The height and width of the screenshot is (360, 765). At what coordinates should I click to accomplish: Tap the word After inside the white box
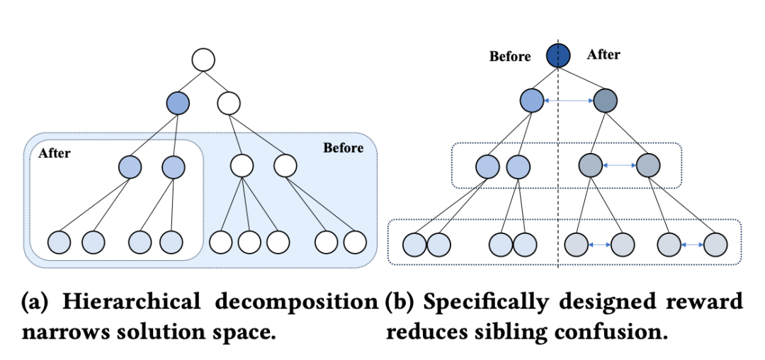pos(55,152)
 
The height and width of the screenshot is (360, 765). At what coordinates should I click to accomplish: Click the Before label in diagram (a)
pos(343,148)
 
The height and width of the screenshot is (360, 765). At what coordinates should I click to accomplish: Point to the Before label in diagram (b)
pos(510,57)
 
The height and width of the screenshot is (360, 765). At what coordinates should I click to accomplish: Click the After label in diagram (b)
pos(603,55)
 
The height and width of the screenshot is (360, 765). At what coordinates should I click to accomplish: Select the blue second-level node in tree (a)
pos(178,103)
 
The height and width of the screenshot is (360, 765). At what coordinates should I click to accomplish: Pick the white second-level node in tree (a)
pos(228,103)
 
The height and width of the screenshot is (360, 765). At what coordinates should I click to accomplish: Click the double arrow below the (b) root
pos(569,101)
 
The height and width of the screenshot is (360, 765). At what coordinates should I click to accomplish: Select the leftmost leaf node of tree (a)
pos(59,242)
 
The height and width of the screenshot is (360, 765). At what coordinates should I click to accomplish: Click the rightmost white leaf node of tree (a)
pos(354,242)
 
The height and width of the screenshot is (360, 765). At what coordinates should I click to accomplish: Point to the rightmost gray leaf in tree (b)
pos(715,244)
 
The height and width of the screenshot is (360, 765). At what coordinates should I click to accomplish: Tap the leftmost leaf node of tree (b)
pos(414,244)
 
